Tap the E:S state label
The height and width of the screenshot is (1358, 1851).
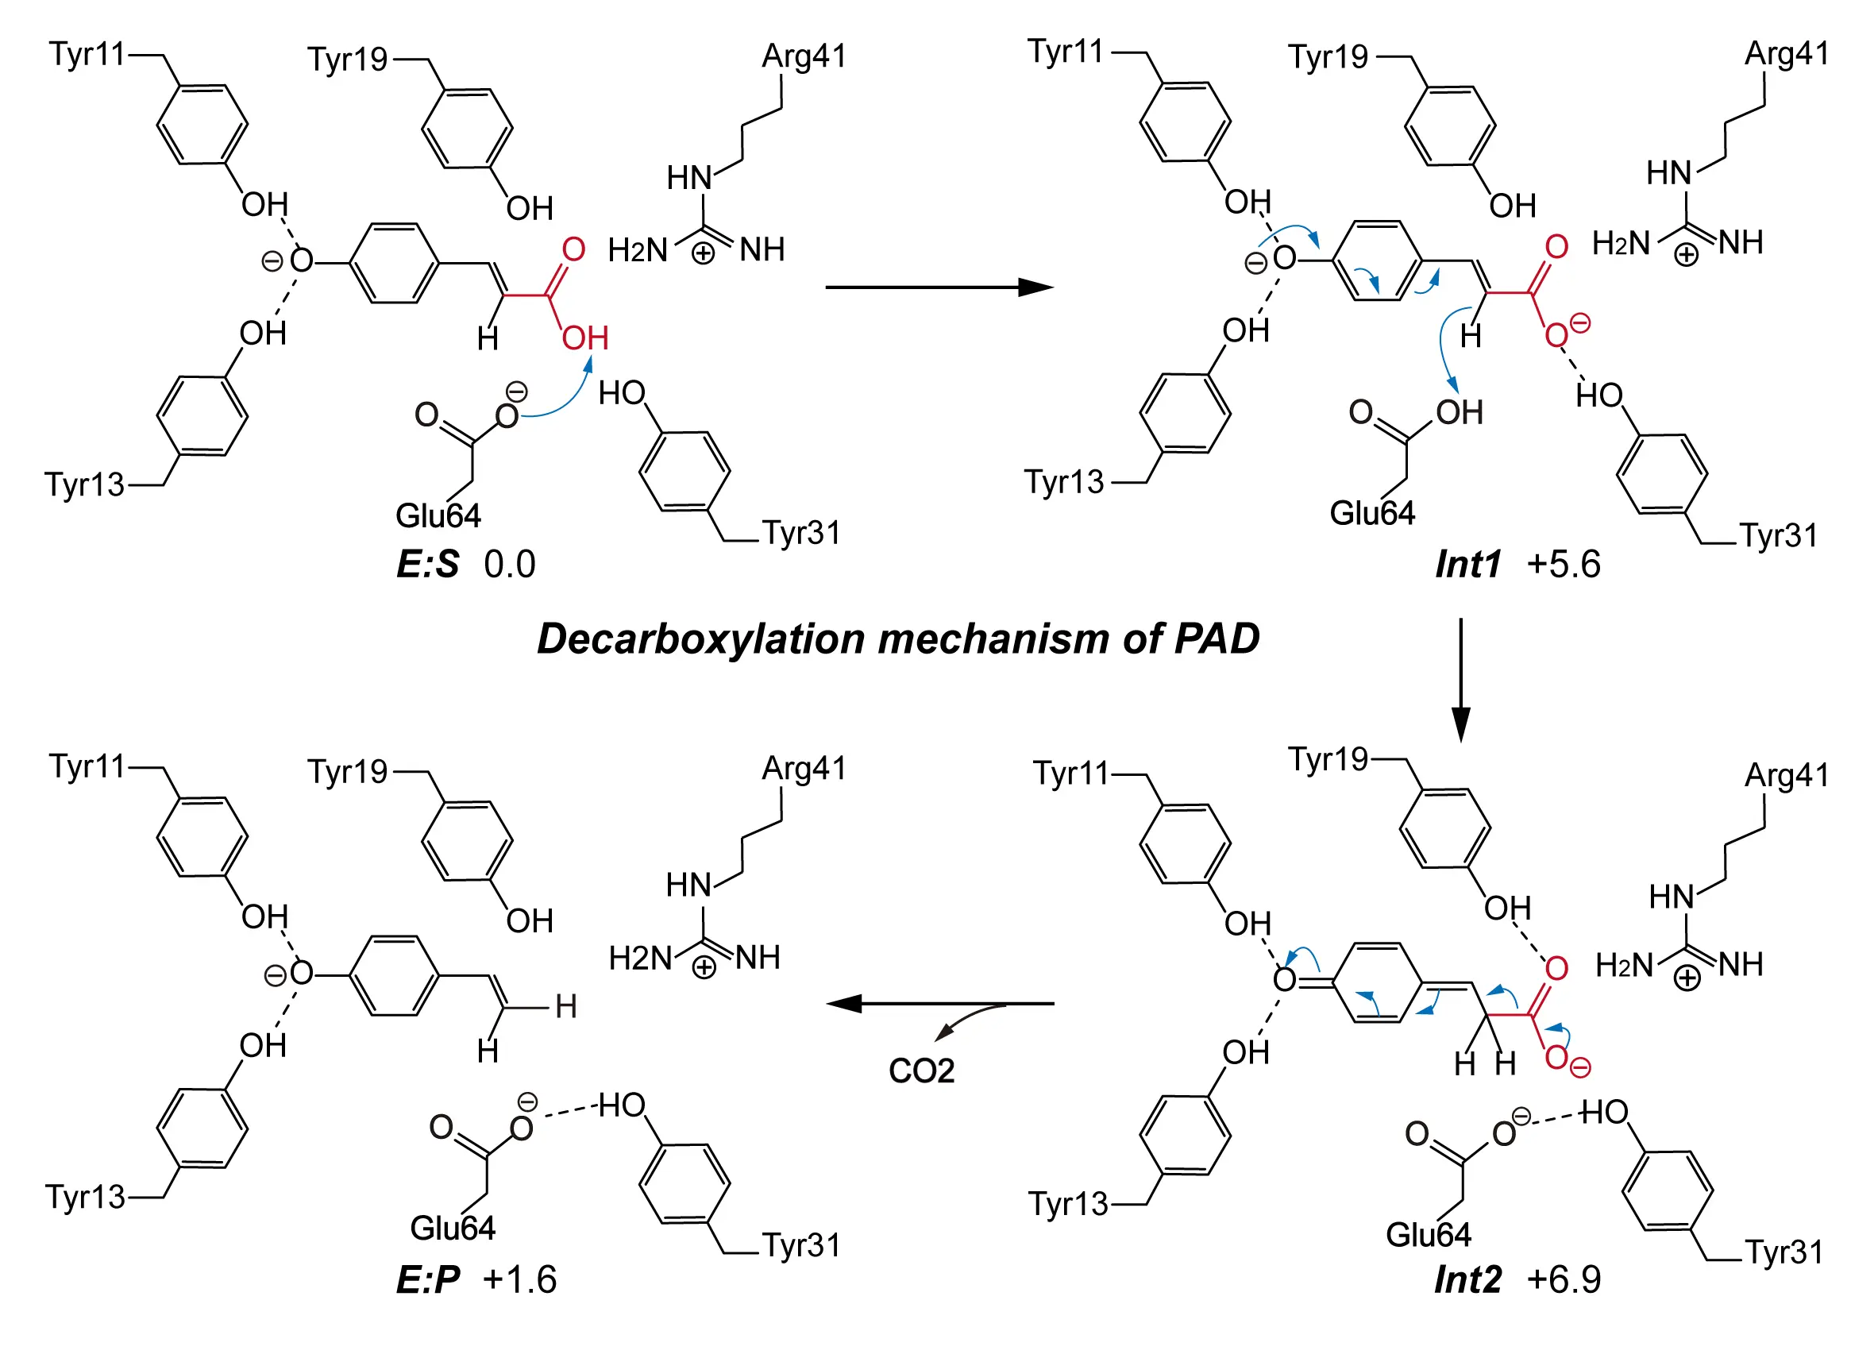click(x=426, y=565)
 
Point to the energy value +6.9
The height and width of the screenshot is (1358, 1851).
click(x=1563, y=1280)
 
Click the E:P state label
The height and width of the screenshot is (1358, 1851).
click(x=426, y=1280)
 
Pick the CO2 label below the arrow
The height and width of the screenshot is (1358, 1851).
click(x=920, y=1071)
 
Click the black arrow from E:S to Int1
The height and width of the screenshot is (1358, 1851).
click(x=937, y=287)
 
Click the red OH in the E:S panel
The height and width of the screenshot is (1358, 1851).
click(x=584, y=338)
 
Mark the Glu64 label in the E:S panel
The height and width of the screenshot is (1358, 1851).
click(x=438, y=516)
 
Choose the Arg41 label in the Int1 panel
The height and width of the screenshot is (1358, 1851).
click(x=1786, y=54)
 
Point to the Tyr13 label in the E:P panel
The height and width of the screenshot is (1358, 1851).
click(x=85, y=1198)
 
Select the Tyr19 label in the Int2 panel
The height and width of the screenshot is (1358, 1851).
click(x=1327, y=759)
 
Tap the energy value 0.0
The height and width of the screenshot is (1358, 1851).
click(x=509, y=565)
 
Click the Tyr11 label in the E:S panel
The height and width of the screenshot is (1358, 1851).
click(x=87, y=54)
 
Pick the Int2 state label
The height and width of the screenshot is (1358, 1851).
click(x=1467, y=1280)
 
